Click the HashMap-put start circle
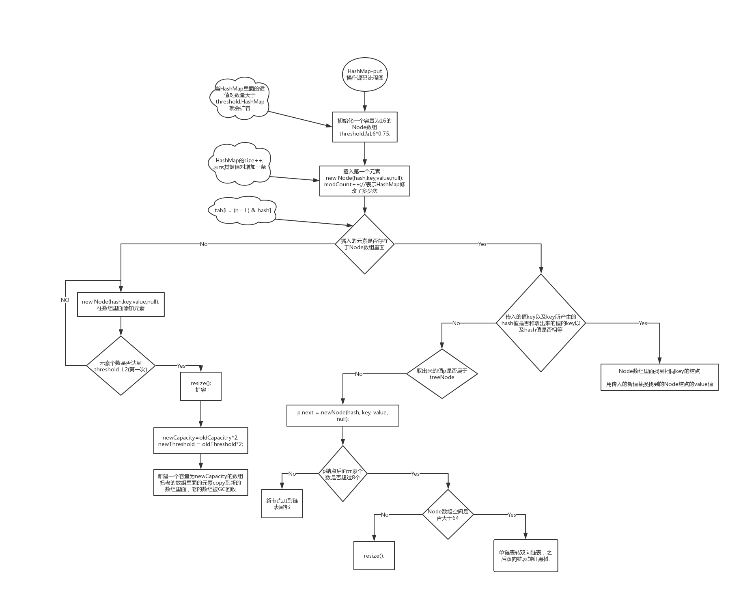pyautogui.click(x=365, y=74)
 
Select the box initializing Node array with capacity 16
pyautogui.click(x=364, y=127)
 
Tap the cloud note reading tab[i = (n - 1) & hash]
pyautogui.click(x=243, y=210)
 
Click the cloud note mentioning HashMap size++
pyautogui.click(x=239, y=164)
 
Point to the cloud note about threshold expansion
pyautogui.click(x=239, y=98)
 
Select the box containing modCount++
pyautogui.click(x=364, y=181)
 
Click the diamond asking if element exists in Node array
pyautogui.click(x=364, y=244)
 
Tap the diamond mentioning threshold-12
pyautogui.click(x=121, y=366)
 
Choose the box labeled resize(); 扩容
pyautogui.click(x=200, y=386)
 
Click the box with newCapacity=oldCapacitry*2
pyautogui.click(x=200, y=441)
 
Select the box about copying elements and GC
pyautogui.click(x=200, y=483)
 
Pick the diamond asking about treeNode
pyautogui.click(x=442, y=374)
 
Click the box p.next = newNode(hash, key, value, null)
pyautogui.click(x=342, y=415)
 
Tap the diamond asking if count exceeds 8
pyautogui.click(x=343, y=474)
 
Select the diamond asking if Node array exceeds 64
pyautogui.click(x=448, y=515)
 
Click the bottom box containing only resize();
pyautogui.click(x=374, y=556)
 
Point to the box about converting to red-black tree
pyautogui.click(x=525, y=556)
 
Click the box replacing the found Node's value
pyautogui.click(x=659, y=377)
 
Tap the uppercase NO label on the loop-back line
pyautogui.click(x=65, y=300)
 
